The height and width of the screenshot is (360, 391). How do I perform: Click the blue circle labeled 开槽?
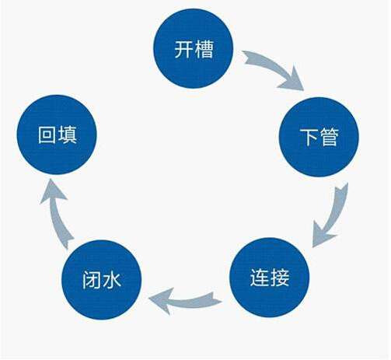[x=194, y=49]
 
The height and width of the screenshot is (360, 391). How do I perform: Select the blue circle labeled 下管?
[x=319, y=137]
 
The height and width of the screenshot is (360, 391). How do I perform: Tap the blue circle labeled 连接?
[x=270, y=278]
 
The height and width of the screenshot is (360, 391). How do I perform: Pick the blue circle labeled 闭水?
[x=102, y=279]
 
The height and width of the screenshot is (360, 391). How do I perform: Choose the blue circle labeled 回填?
[x=57, y=135]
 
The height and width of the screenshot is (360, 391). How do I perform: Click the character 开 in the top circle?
[x=183, y=49]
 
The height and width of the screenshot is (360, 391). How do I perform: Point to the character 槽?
[x=204, y=49]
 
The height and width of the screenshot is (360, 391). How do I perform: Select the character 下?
[x=309, y=137]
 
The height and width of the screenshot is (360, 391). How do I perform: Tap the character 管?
[x=330, y=137]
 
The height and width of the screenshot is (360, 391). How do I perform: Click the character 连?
[x=260, y=278]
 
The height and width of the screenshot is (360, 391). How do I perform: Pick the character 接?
[x=280, y=278]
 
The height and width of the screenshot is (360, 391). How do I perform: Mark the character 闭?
[x=92, y=280]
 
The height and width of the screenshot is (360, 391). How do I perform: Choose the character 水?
[x=111, y=280]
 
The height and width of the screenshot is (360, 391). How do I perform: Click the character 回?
[x=47, y=135]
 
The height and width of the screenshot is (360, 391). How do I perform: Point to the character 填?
[x=67, y=135]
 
